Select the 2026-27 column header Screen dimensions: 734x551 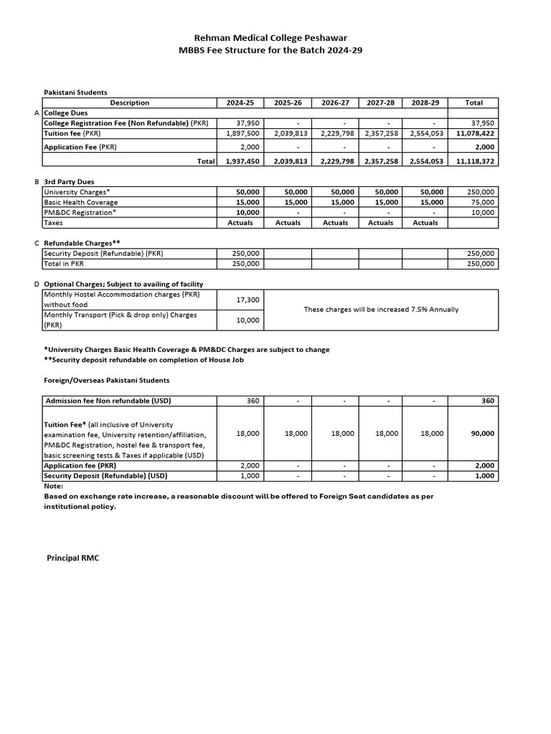335,103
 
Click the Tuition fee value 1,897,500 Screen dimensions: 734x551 242,133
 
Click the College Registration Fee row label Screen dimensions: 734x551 126,123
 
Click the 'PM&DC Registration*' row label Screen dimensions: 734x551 79,212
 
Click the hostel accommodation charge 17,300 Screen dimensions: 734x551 248,299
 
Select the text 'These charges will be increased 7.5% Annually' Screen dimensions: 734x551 381,310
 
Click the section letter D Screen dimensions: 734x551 37,285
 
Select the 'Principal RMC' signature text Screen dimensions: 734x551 73,557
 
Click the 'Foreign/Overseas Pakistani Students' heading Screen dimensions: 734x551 107,380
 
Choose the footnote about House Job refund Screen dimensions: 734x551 143,360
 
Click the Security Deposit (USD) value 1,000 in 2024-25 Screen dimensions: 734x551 249,475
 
